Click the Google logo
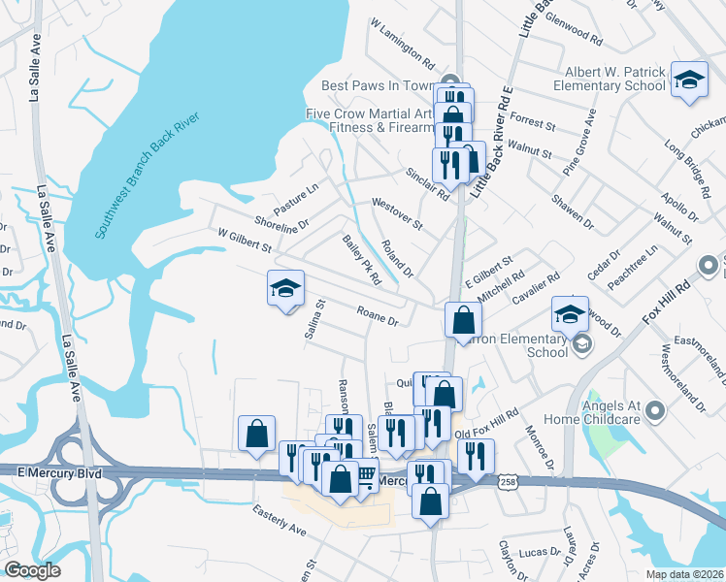pyautogui.click(x=33, y=570)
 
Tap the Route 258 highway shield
pyautogui.click(x=506, y=482)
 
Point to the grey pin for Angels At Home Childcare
pyautogui.click(x=657, y=413)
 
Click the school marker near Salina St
pyautogui.click(x=286, y=289)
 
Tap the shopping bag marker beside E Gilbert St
pyautogui.click(x=464, y=320)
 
